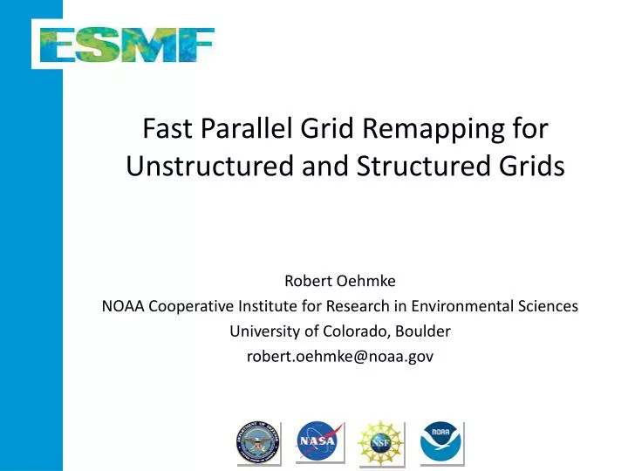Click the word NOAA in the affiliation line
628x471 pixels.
[x=114, y=307]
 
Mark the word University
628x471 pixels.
[x=261, y=332]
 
